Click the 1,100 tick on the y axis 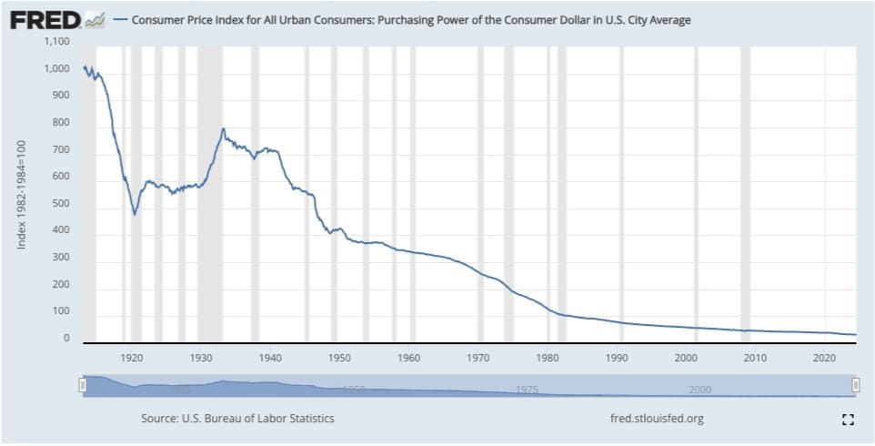coord(57,42)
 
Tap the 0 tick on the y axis coord(66,339)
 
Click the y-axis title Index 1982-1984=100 coord(20,195)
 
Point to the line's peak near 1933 coord(223,129)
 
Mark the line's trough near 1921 coord(135,214)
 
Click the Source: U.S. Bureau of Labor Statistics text coord(237,419)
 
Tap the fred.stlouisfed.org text coord(656,419)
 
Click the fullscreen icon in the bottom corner coord(848,420)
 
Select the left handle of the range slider coord(83,386)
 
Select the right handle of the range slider coord(856,386)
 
